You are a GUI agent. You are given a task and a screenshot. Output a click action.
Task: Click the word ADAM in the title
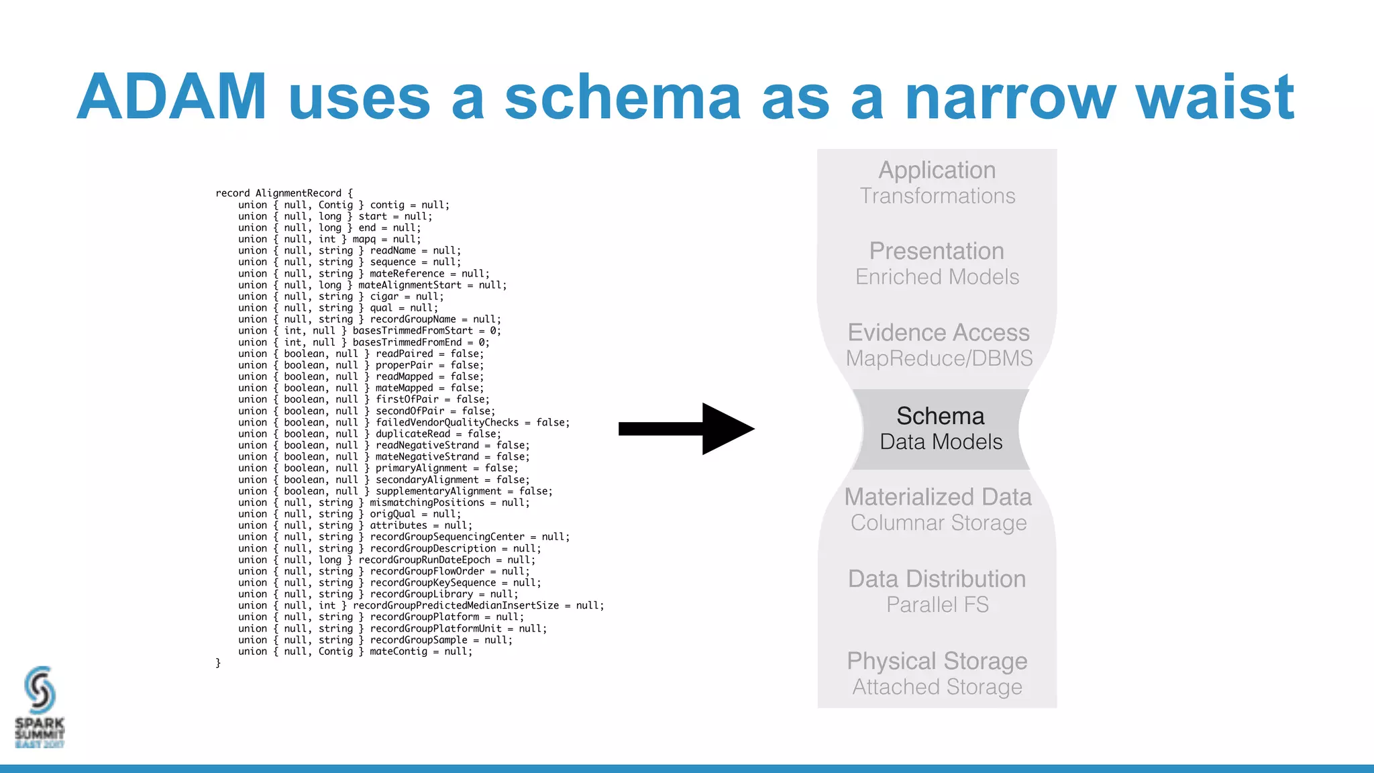click(x=172, y=97)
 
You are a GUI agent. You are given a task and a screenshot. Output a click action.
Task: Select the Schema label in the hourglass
click(x=940, y=416)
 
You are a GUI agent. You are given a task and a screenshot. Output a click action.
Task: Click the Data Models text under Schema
click(x=941, y=442)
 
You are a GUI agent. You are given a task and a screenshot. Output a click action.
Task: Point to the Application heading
click(x=937, y=170)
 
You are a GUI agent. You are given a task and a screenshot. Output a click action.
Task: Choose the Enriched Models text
click(x=937, y=277)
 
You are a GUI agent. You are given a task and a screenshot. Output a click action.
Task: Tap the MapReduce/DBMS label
click(x=939, y=358)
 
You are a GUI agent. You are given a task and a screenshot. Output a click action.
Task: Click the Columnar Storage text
click(x=938, y=523)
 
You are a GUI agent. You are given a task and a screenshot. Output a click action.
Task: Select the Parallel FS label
click(x=937, y=605)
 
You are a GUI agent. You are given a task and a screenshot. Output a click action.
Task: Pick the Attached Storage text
click(x=937, y=687)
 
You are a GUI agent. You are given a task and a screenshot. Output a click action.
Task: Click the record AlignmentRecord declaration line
click(x=284, y=193)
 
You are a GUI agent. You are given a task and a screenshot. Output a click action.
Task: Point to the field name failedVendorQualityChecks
click(x=447, y=423)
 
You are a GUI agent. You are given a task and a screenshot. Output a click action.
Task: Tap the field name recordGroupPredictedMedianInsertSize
click(x=456, y=606)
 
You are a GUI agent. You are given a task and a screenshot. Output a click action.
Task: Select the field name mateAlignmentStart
click(x=409, y=285)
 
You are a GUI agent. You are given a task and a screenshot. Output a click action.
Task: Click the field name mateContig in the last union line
click(x=398, y=652)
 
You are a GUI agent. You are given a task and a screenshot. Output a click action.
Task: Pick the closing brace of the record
click(x=218, y=663)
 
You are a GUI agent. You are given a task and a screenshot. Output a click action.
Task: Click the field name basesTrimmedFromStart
click(x=413, y=331)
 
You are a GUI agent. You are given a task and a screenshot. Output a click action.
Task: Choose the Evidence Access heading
click(x=938, y=333)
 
